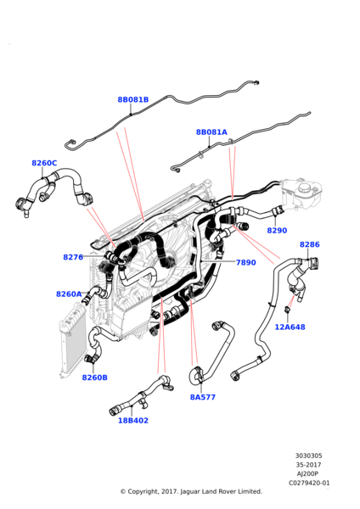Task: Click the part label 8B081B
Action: coord(132,99)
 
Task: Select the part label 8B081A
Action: coord(211,132)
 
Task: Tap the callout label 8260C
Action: coord(44,163)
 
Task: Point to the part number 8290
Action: coord(277,230)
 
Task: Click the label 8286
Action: coord(310,244)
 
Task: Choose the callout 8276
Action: coord(73,257)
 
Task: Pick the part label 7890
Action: coord(245,262)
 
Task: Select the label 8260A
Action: coord(69,294)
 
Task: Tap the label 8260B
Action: coord(94,378)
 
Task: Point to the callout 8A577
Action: coord(202,396)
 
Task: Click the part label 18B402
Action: coord(132,419)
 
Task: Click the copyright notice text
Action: coord(190,491)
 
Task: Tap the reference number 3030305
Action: coord(307,456)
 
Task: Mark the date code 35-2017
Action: coord(308,465)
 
